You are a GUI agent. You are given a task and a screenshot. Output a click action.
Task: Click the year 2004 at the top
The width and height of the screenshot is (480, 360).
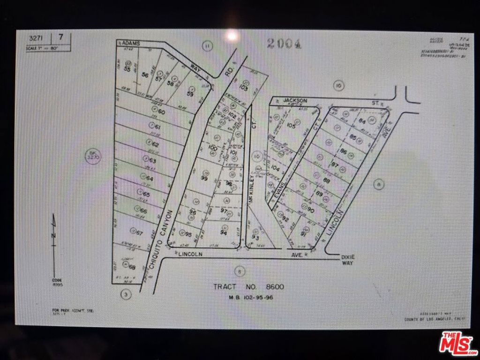(284, 44)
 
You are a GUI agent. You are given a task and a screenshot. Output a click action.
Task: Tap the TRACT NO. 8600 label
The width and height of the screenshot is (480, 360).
(248, 287)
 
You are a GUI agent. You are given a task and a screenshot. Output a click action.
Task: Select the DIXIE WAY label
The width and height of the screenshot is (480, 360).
(347, 260)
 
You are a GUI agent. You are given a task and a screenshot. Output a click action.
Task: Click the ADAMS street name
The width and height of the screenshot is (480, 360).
(132, 43)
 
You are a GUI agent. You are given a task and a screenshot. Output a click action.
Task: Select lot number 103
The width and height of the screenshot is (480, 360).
(243, 87)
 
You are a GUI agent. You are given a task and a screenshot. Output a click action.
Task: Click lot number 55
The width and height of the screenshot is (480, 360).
(127, 69)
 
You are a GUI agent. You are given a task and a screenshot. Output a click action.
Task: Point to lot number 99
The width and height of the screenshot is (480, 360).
(204, 178)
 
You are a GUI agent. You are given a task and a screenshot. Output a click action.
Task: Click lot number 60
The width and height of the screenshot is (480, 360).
(162, 112)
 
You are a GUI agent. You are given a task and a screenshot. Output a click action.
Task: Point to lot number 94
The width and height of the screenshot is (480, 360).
(224, 233)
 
